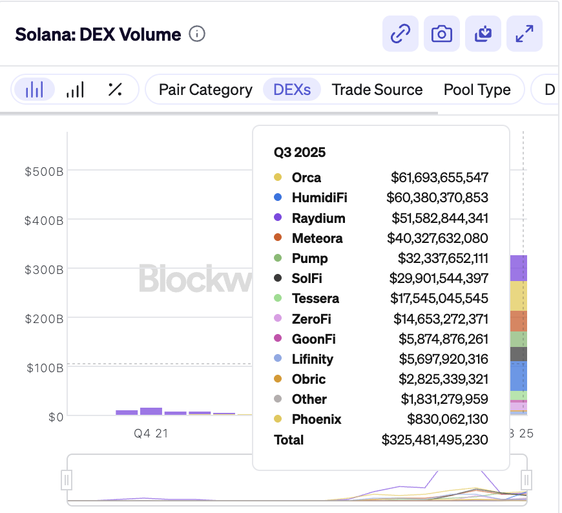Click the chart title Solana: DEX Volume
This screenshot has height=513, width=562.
click(98, 34)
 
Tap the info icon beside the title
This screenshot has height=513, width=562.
click(197, 34)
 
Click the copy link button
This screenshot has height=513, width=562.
click(401, 34)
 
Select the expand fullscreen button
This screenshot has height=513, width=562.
click(524, 34)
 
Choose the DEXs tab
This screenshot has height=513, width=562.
click(292, 90)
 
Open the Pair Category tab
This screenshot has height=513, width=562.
click(205, 90)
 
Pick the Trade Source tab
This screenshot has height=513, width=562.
click(377, 90)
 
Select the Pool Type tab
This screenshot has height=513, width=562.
click(477, 90)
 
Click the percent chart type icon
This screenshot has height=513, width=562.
click(115, 90)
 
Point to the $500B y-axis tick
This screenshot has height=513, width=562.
click(44, 171)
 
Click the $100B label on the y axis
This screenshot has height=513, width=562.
click(44, 368)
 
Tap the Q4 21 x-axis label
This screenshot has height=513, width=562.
click(151, 434)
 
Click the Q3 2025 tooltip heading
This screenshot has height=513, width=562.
click(300, 152)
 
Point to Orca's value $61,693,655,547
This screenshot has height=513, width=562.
click(439, 177)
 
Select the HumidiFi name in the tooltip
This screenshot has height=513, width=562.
click(319, 197)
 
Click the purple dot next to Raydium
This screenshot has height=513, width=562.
click(278, 218)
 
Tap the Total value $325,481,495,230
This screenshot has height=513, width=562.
click(435, 439)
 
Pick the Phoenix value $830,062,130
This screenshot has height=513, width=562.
click(447, 419)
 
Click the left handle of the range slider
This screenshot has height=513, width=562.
click(67, 479)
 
